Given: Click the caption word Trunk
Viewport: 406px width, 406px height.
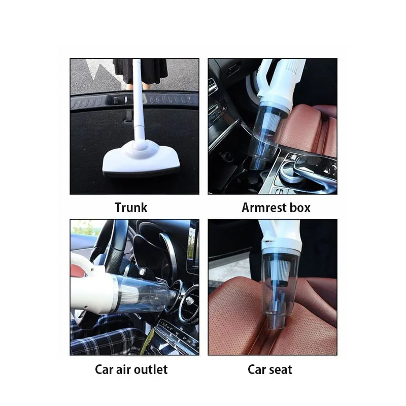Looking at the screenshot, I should tap(131, 207).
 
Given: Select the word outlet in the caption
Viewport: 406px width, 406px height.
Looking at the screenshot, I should tap(150, 369).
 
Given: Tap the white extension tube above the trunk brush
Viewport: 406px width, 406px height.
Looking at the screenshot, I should tap(139, 101).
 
